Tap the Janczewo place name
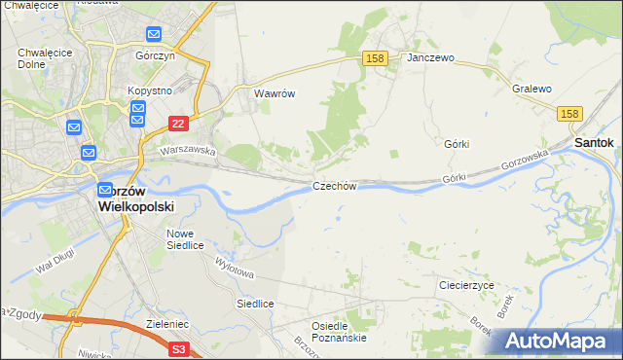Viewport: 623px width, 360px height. point(431,57)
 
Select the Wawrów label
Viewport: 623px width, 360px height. point(274,94)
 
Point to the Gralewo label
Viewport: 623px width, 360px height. point(531,89)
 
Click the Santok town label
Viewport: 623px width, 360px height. point(594,142)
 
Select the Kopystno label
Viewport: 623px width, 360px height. point(149,90)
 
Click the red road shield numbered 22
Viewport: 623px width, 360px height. point(177,124)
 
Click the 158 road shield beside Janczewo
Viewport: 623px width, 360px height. point(377,58)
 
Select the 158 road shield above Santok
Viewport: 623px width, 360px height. point(571,114)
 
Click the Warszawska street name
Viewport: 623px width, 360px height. point(187,152)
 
